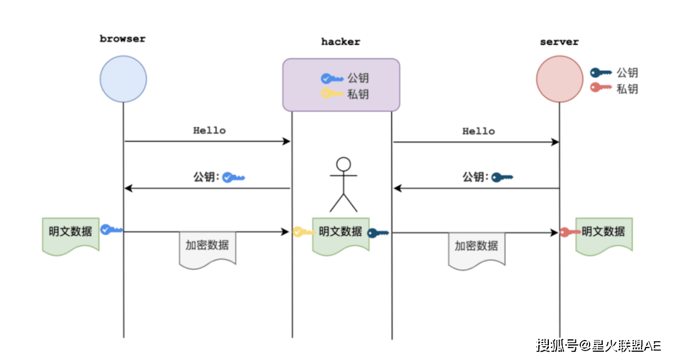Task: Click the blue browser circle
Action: [123, 80]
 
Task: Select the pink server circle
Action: [560, 80]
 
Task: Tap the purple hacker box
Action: [341, 85]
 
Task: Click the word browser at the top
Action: [123, 39]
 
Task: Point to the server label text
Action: [559, 42]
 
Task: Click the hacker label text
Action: [341, 42]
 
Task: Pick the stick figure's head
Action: [343, 165]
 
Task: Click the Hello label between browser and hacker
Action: [209, 131]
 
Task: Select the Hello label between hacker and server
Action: [478, 131]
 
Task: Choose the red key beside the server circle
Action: [601, 88]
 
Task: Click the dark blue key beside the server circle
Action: [601, 73]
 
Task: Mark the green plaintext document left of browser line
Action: [71, 233]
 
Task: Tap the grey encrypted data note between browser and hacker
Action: [207, 248]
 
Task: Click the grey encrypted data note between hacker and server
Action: [476, 248]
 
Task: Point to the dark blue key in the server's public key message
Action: [502, 178]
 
